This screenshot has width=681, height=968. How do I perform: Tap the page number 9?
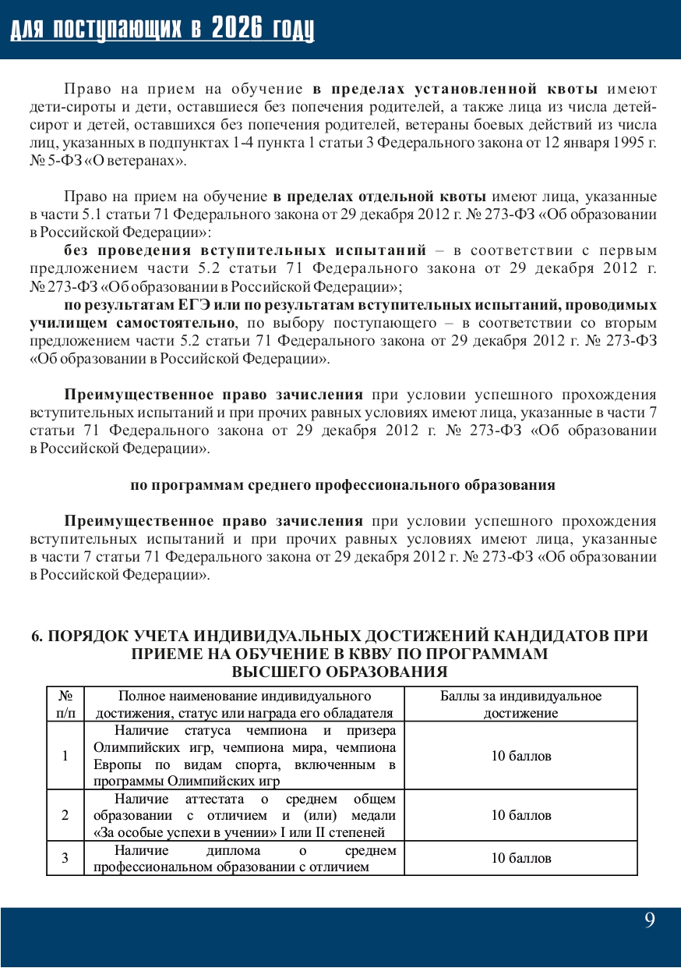650,920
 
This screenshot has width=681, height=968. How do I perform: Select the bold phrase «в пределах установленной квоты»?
456,87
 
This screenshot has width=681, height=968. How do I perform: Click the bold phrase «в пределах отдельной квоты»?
379,195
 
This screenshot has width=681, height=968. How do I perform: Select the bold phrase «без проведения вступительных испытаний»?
245,250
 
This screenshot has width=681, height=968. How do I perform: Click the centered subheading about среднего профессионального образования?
342,484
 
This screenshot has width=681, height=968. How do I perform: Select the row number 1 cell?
65,756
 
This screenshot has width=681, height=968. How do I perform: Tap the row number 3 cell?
65,858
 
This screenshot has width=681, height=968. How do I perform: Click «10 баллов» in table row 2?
520,815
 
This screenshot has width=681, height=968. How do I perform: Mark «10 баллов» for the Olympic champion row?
520,756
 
